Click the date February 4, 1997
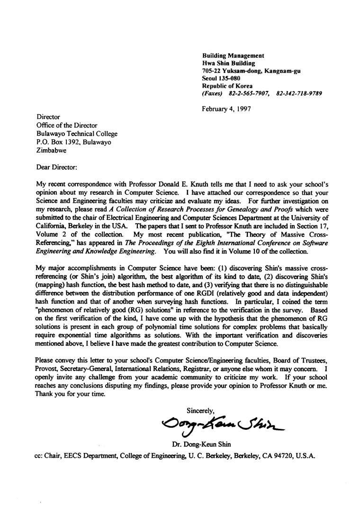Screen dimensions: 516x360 click(x=226, y=108)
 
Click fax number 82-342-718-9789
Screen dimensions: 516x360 click(x=299, y=94)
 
